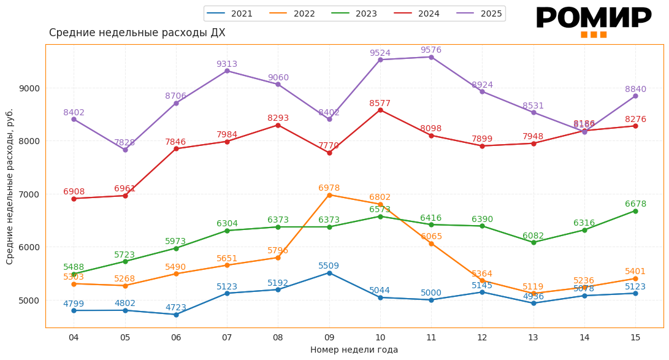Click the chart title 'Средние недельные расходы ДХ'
[x=137, y=33]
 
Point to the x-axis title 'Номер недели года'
[x=354, y=350]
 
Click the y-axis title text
[x=10, y=186]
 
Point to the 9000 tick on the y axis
[x=29, y=88]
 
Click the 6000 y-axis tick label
[x=29, y=247]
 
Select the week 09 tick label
[x=329, y=337]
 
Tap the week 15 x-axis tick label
[x=635, y=337]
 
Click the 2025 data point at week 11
[x=431, y=57]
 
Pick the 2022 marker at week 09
[x=329, y=195]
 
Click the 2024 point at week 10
[x=380, y=110]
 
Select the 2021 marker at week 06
[x=176, y=315]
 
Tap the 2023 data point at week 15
[x=635, y=211]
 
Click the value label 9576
[x=430, y=50]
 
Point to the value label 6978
[x=329, y=188]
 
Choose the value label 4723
[x=175, y=308]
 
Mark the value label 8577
[x=380, y=104]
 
